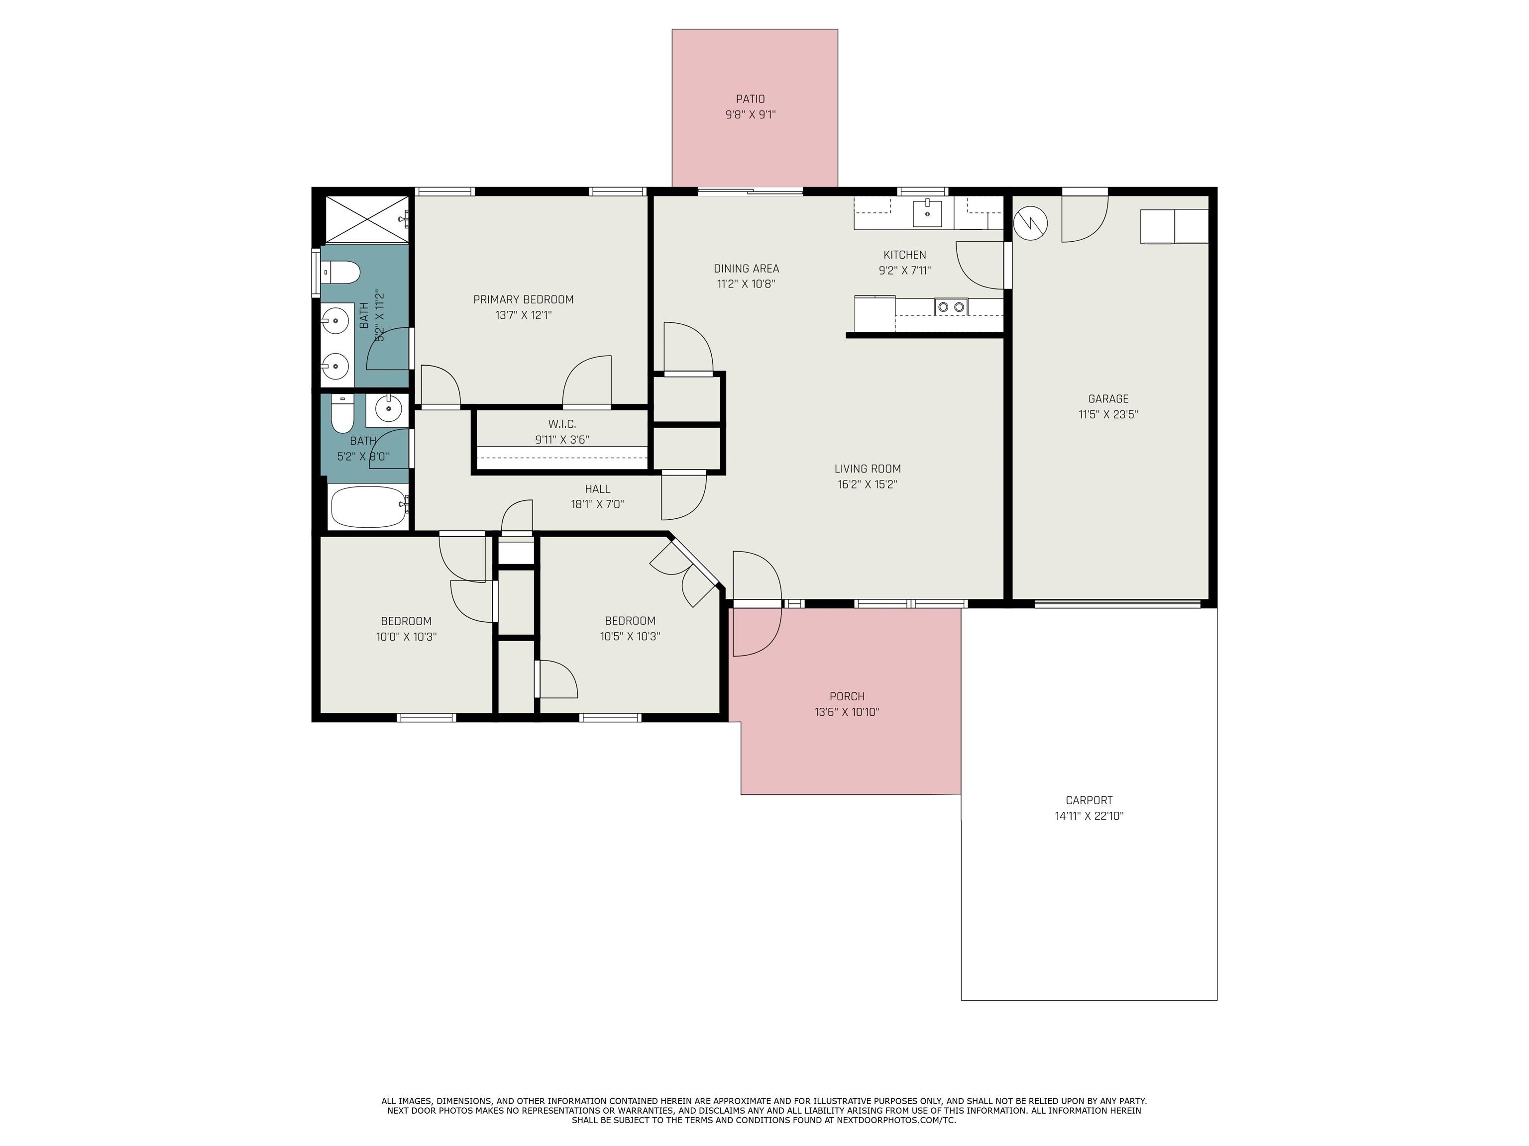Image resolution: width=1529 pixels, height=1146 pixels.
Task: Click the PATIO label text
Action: click(x=750, y=99)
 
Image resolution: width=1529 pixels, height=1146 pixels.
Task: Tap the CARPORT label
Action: click(x=1089, y=800)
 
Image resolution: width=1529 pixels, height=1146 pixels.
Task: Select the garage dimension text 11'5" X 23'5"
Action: click(x=1108, y=414)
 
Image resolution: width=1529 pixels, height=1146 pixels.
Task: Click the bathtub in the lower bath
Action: click(x=368, y=507)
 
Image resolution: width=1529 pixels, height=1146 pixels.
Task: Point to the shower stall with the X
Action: click(x=366, y=219)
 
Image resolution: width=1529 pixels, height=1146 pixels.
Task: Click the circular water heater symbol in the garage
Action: click(x=1030, y=222)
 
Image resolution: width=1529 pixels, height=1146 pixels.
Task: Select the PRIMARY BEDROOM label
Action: click(x=523, y=299)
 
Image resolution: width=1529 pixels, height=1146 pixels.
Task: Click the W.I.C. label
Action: click(x=562, y=423)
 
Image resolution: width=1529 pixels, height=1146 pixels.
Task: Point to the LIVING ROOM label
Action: click(x=868, y=469)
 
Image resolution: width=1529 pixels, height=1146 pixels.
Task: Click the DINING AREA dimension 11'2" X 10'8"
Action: click(x=746, y=283)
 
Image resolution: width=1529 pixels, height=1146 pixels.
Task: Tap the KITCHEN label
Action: click(x=905, y=254)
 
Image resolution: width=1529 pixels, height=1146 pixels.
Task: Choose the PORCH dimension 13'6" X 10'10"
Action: click(x=847, y=711)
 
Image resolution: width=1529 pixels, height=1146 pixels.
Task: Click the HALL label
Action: click(x=597, y=489)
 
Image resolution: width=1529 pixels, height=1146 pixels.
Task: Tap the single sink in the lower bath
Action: click(x=387, y=408)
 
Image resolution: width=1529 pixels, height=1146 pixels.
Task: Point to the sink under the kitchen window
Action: click(x=927, y=213)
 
